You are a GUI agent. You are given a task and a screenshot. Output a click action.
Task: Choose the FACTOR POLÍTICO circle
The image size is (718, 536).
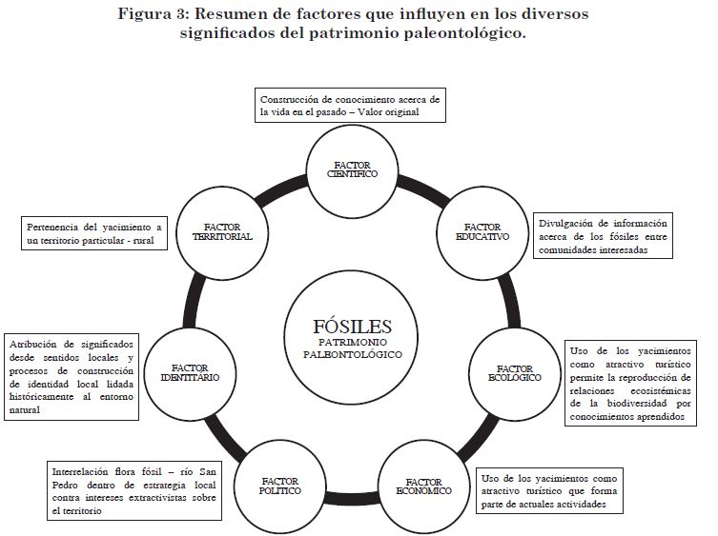pyautogui.click(x=280, y=486)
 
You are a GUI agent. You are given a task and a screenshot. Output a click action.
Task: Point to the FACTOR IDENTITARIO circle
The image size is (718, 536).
pyautogui.click(x=195, y=372)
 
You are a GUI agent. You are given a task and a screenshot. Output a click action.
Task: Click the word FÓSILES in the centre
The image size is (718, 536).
pyautogui.click(x=352, y=325)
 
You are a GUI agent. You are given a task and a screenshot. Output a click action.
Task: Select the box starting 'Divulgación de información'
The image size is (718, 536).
pyautogui.click(x=603, y=235)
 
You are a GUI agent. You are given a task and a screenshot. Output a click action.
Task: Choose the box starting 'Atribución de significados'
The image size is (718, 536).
pyautogui.click(x=72, y=375)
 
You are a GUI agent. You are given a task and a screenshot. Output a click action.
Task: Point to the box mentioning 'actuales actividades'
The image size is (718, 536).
pyautogui.click(x=551, y=490)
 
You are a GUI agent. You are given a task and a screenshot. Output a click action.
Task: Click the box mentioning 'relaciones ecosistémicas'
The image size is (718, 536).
pyautogui.click(x=632, y=383)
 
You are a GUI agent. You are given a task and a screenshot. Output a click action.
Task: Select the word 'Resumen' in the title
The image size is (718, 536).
pyautogui.click(x=233, y=14)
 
